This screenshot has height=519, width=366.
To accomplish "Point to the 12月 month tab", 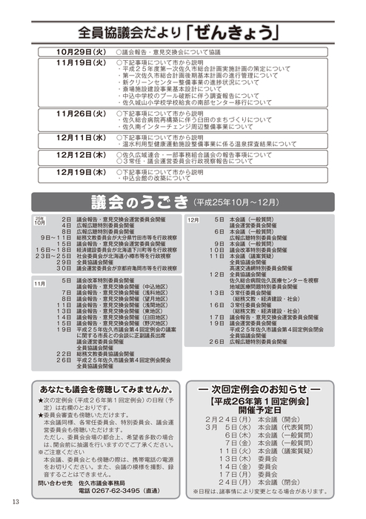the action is pos(192,220).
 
